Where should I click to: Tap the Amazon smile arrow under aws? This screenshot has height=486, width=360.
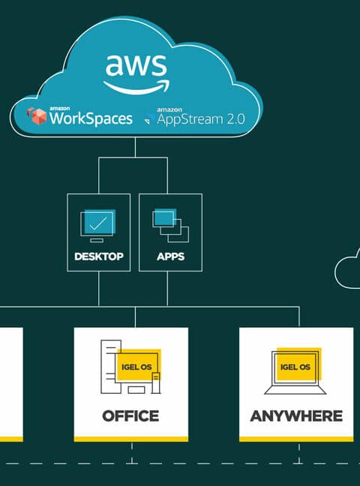[x=136, y=88]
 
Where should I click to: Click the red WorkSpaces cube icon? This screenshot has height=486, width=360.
[x=37, y=116]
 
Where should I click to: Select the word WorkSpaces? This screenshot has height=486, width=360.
[x=91, y=118]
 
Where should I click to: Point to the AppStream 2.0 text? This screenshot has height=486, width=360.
[x=201, y=119]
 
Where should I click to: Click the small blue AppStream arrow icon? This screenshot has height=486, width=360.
[x=149, y=118]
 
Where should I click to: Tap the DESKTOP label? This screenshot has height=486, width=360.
[x=99, y=256]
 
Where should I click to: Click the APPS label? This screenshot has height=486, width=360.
[x=170, y=256]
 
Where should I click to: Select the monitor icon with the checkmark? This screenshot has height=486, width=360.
[x=98, y=226]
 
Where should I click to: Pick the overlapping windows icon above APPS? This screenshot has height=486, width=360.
[x=170, y=226]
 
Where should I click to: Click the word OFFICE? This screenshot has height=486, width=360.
[x=130, y=416]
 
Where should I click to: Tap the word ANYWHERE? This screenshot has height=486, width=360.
[x=296, y=416]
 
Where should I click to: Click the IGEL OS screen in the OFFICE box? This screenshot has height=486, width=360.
[x=138, y=366]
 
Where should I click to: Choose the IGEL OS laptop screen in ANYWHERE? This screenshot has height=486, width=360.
[x=297, y=365]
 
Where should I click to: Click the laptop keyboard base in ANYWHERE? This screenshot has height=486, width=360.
[x=295, y=390]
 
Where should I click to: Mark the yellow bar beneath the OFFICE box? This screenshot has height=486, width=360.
[x=130, y=439]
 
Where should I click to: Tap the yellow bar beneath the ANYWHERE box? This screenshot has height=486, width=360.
[x=296, y=439]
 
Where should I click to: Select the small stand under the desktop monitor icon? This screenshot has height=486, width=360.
[x=97, y=240]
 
